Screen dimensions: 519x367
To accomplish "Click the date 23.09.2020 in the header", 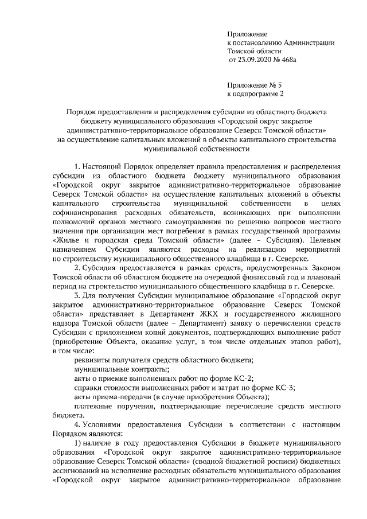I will point(254,59).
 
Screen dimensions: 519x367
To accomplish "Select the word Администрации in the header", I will point(307,42).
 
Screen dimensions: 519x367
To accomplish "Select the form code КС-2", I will point(241,377).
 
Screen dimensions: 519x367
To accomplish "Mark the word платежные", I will point(92,405).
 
